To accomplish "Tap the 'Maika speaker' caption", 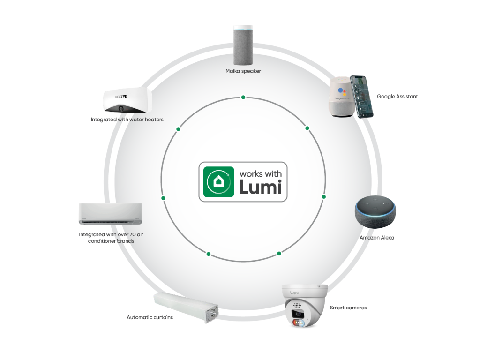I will [243, 71].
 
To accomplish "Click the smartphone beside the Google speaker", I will [363, 96].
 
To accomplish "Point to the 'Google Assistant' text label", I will [397, 97].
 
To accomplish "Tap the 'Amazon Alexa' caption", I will [377, 238].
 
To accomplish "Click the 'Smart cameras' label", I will [348, 307].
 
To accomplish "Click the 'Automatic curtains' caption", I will [150, 317].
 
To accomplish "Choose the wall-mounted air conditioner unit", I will [111, 214].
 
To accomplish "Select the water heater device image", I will [125, 100].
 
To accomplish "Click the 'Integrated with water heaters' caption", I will [127, 120].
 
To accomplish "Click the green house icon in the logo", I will [218, 182].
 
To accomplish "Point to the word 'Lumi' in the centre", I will [261, 187].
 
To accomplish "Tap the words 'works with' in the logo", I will [261, 174].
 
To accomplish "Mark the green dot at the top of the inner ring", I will [243, 97].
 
